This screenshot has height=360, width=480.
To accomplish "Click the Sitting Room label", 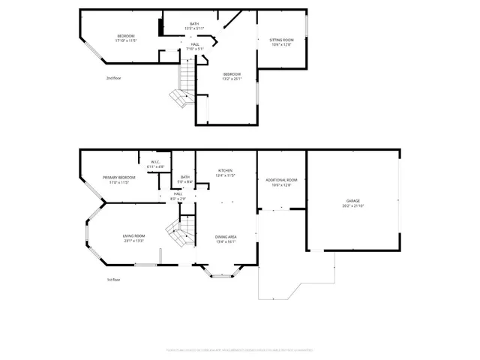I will coord(281,40).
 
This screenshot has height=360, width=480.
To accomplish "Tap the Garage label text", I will coord(352,201).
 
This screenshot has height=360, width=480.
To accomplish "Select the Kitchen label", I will coord(226,170).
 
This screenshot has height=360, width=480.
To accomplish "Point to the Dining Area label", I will coord(226,236).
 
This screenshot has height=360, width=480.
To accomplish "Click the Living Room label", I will coord(134,236).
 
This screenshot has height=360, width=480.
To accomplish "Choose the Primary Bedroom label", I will coord(119,177).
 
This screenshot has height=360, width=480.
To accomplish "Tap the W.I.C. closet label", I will coord(156,162).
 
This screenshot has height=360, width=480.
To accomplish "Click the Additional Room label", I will coord(281,180).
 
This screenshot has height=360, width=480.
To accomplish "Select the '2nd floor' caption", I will coord(113,77).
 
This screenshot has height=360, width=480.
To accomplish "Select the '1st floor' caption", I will coord(113,279).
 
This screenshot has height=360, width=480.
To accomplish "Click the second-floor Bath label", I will coord(194,25).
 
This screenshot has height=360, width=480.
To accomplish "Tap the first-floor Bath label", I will coord(185,177).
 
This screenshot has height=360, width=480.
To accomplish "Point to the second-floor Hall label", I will coord(194,44).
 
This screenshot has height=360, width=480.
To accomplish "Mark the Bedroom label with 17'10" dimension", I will coord(125,36).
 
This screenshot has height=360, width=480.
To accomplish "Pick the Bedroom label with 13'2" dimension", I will coord(232,73).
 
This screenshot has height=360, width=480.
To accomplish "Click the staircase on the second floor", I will coord(181,86).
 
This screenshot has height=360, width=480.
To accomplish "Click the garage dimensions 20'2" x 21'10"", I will coord(352,205).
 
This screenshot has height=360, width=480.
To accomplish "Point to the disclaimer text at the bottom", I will coord(240,349).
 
